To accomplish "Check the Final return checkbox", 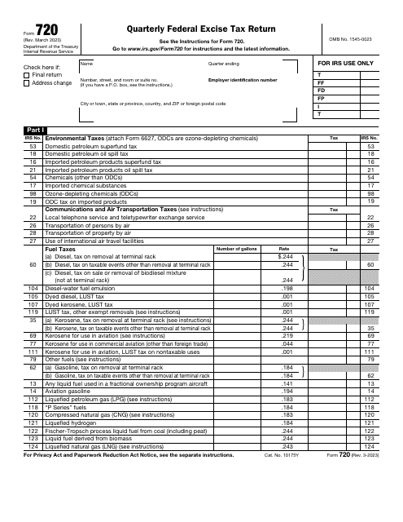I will [26, 74].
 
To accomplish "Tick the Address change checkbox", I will [26, 83].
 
